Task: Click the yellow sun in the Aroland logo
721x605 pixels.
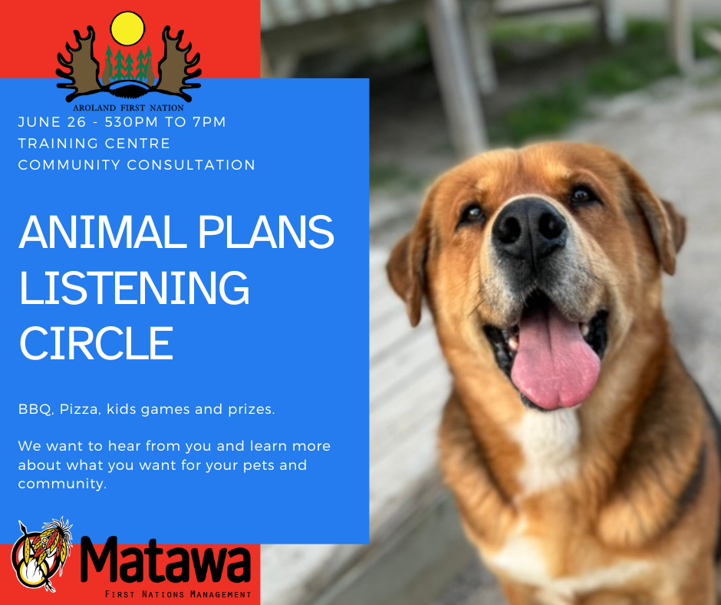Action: (127, 28)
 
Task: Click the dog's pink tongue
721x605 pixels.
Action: (554, 362)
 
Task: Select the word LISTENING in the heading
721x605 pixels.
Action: (133, 288)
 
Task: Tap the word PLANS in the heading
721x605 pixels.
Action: (266, 232)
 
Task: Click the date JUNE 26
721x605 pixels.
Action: (52, 122)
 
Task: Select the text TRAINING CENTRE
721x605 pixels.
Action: (94, 144)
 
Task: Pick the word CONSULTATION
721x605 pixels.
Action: (191, 165)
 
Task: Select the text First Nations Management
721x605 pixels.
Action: (178, 594)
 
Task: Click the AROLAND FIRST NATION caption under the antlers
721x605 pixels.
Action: (128, 107)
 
